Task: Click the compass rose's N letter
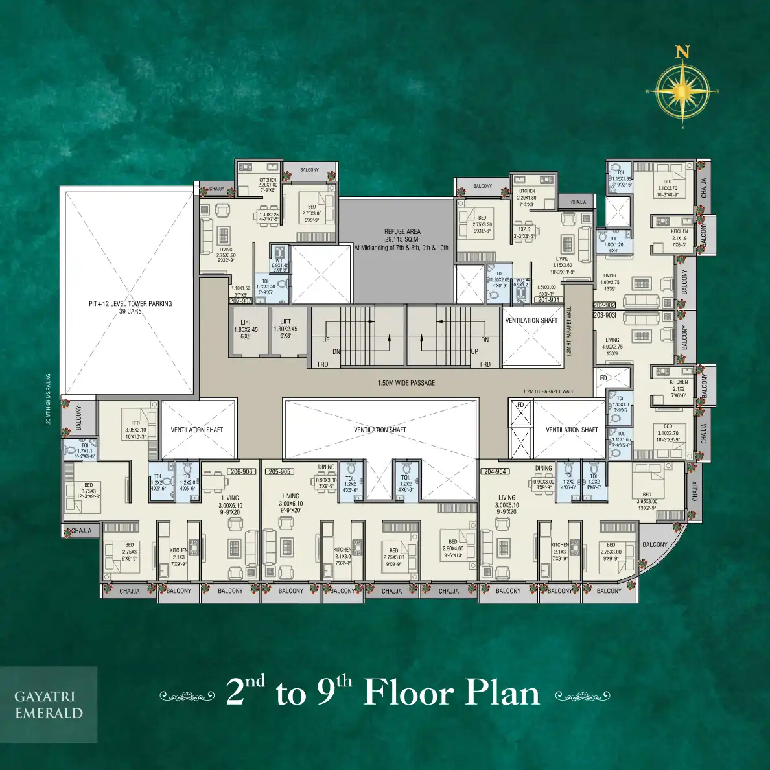click(x=682, y=52)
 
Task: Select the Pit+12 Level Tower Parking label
click(x=130, y=307)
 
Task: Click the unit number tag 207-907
click(x=240, y=301)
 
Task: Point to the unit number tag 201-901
click(x=548, y=300)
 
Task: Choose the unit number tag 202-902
click(x=604, y=305)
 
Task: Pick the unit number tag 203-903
click(x=604, y=315)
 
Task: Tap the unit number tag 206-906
click(x=241, y=471)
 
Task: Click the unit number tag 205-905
click(x=279, y=471)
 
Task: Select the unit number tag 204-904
click(x=495, y=471)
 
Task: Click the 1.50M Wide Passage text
click(x=406, y=383)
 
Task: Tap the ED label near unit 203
click(x=603, y=378)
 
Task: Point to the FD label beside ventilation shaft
click(x=520, y=406)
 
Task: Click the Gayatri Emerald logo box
click(x=49, y=705)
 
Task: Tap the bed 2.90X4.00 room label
click(x=453, y=548)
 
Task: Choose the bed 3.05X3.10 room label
click(x=135, y=430)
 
